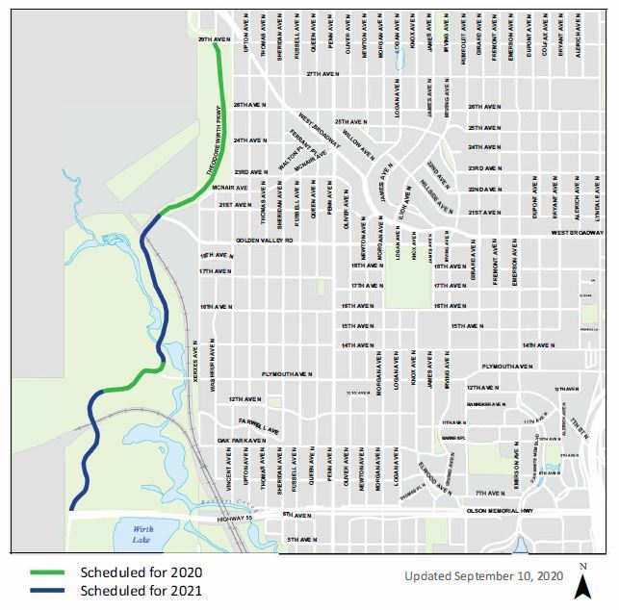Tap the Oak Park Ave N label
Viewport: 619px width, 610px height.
coord(241,441)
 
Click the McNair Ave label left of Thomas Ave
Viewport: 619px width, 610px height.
coord(230,187)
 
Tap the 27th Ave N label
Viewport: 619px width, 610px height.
coord(325,74)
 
